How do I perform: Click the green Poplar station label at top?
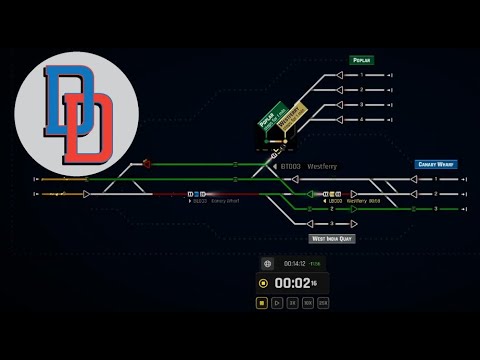tap(361, 60)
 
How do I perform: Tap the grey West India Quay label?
tap(332, 239)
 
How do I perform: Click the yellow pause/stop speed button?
tap(262, 302)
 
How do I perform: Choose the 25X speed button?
tap(323, 302)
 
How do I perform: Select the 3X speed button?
tap(292, 302)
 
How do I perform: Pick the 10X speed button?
tap(308, 302)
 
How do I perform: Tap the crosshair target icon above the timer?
tap(268, 264)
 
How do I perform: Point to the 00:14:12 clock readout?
tap(292, 264)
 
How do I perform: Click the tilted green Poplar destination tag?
tap(269, 119)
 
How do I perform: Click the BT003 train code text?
tap(290, 166)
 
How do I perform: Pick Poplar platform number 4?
tap(361, 119)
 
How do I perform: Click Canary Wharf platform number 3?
tap(435, 209)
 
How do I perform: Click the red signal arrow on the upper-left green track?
tap(147, 163)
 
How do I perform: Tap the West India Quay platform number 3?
tap(331, 223)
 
